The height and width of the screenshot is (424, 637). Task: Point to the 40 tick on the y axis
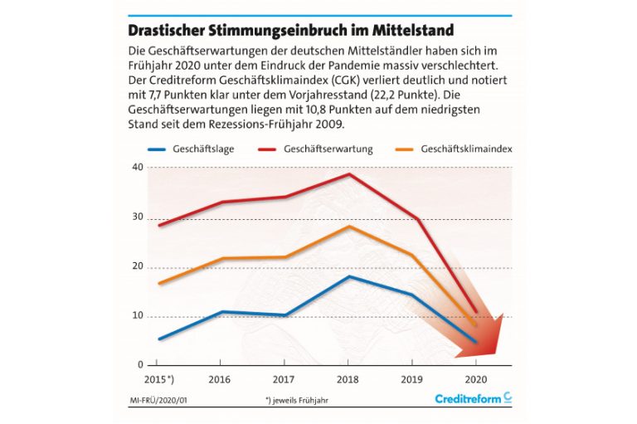[x=138, y=168]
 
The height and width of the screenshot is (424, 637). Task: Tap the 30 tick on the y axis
[x=138, y=218]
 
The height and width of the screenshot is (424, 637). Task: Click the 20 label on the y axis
[x=138, y=268]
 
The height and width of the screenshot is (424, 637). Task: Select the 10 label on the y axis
[x=138, y=317]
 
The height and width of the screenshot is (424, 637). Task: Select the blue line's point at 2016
[x=221, y=312]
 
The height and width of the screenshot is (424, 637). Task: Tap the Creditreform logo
[x=473, y=399]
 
